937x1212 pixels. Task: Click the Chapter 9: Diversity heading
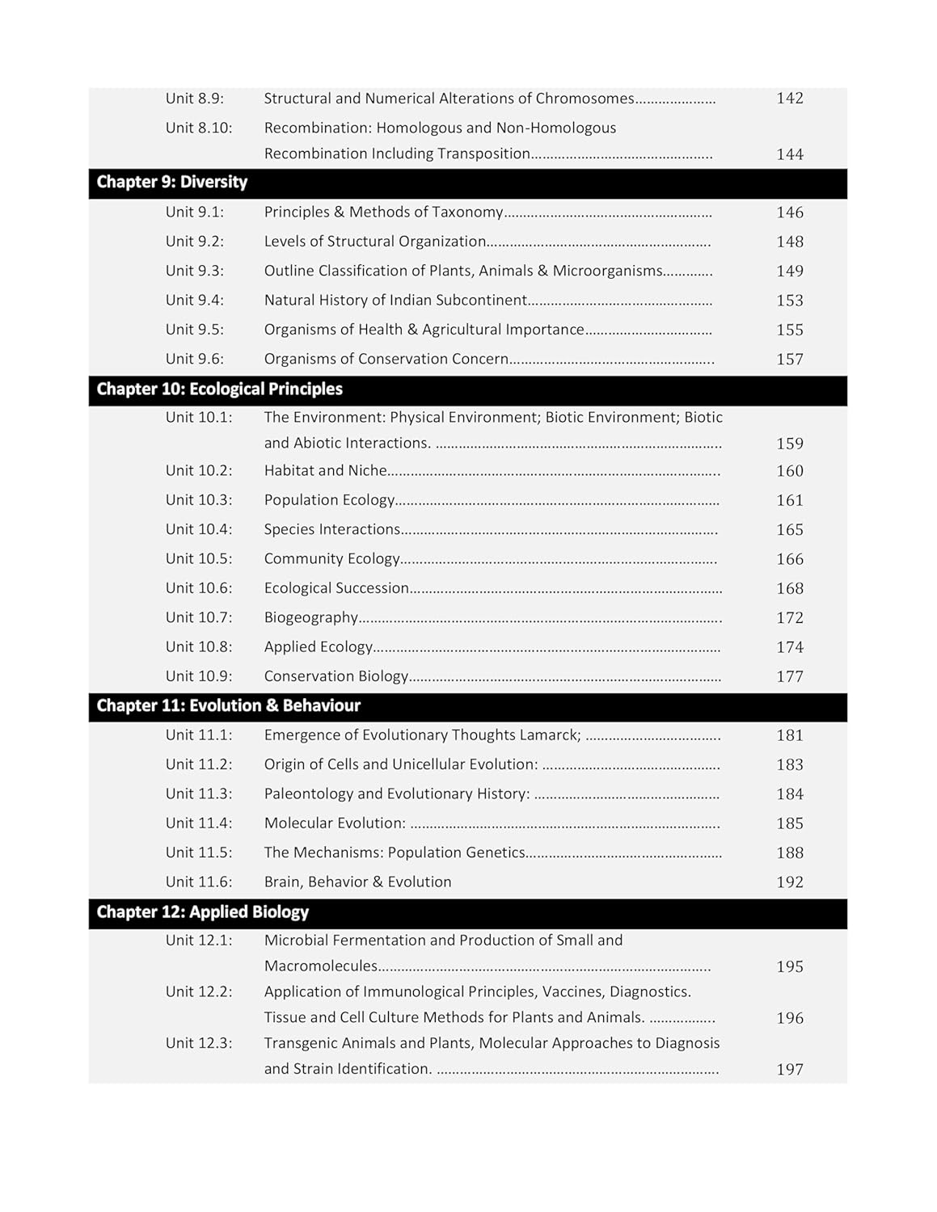coord(171,183)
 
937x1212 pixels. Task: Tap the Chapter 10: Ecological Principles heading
coord(219,389)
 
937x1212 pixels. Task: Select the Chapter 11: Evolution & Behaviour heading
coord(228,706)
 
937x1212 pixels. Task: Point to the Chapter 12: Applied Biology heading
coord(202,912)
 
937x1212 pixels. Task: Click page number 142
coord(789,99)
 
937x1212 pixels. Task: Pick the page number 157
coord(789,360)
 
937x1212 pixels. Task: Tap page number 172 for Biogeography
coord(789,618)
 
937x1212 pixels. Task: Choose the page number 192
coord(789,882)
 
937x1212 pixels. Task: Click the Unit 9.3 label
coord(195,271)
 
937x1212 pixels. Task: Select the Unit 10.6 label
coord(199,588)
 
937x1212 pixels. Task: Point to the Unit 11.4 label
coord(199,823)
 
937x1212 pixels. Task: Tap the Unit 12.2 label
coord(199,991)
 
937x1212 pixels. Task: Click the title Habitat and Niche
coord(325,470)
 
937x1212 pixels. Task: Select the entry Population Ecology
coord(329,500)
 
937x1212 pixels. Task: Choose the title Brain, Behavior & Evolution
coord(357,882)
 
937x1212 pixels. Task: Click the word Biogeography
coord(310,618)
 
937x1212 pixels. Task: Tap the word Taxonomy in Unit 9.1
coord(467,213)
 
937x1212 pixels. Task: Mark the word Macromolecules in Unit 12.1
coord(320,966)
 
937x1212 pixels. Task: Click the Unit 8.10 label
coord(199,128)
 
